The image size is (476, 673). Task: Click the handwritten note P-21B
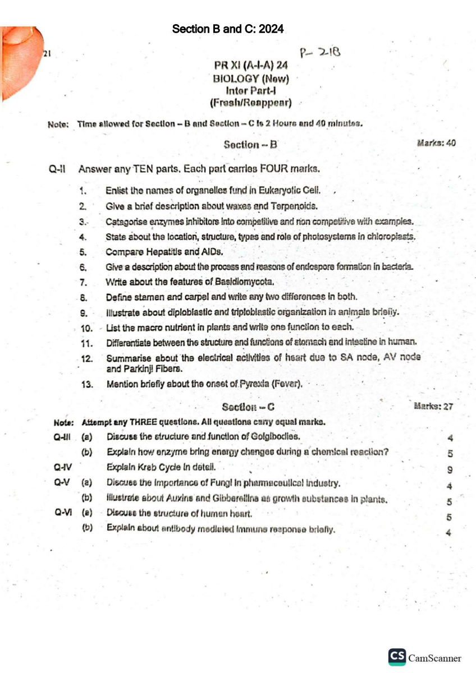coord(321,53)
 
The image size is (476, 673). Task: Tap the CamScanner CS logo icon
coord(397,657)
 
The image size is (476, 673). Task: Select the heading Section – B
coord(250,144)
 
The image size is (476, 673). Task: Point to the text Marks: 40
coord(436,143)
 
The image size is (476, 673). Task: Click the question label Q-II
coord(58,168)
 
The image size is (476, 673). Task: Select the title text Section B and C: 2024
coord(228,29)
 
